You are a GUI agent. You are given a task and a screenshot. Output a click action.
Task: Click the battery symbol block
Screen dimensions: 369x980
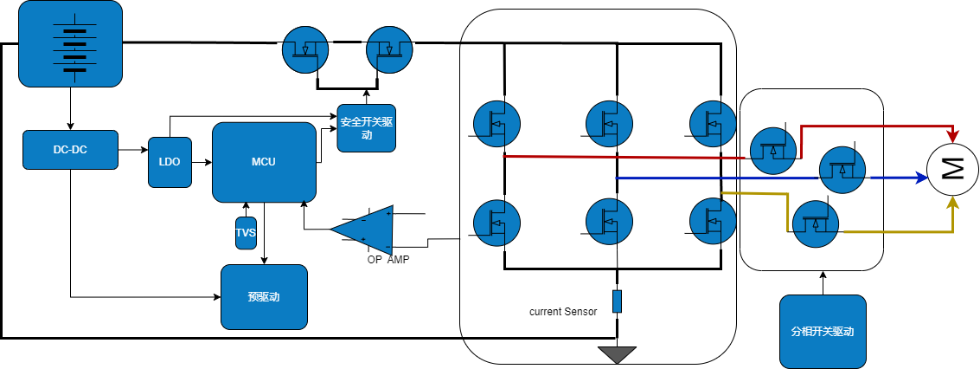coord(70,44)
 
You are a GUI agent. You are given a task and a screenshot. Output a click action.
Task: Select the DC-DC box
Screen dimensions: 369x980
coord(70,150)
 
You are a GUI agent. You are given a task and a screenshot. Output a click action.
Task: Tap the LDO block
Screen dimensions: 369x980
coord(170,162)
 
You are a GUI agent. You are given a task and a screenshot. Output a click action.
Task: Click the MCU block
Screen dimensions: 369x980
coord(264,162)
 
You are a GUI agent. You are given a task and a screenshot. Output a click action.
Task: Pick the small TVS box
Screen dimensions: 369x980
coord(246,233)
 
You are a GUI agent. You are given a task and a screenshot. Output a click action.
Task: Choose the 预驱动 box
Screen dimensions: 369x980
coord(264,297)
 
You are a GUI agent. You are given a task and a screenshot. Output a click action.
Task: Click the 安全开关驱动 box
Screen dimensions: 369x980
coord(366,128)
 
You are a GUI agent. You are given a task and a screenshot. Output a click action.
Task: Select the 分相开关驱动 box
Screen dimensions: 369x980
coord(823,332)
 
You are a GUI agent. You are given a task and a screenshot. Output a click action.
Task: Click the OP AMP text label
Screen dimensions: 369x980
coord(388,260)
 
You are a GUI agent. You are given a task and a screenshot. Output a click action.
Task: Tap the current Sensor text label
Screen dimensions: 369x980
coord(563,311)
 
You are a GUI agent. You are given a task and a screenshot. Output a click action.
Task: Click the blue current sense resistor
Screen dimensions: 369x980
coord(617,301)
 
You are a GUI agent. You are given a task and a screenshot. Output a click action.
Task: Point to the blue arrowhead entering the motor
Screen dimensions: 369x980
coord(919,178)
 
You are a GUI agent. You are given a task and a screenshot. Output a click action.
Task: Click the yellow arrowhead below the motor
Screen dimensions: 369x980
coord(953,204)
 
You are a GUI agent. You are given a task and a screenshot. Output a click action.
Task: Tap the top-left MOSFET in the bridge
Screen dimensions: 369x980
coord(496,124)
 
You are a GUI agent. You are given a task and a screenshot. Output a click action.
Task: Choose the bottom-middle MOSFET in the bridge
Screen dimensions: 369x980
coord(609,222)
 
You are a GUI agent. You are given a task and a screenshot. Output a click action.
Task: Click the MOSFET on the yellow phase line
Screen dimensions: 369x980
coord(815,223)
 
